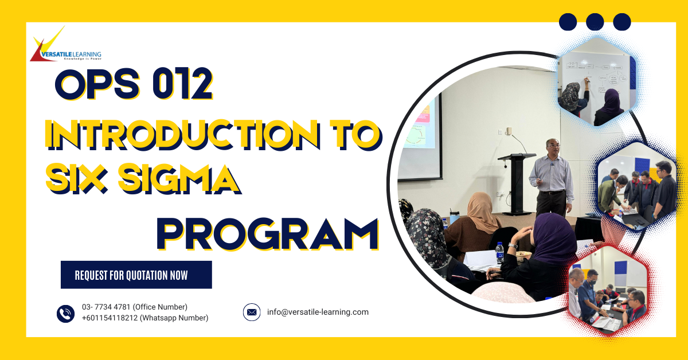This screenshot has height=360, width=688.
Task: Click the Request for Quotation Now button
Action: (136, 275)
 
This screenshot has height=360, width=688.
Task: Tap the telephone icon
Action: (65, 314)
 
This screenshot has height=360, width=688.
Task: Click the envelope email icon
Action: (252, 312)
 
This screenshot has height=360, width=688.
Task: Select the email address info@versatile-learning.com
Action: (318, 312)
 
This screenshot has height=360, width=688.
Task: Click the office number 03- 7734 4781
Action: (107, 307)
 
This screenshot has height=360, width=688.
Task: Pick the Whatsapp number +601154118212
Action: (110, 318)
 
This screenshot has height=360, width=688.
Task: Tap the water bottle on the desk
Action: (499, 252)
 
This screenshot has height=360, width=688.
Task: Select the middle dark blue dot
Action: (595, 22)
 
